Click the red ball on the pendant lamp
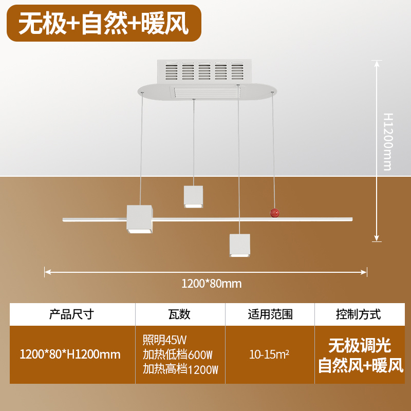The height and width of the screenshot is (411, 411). click(275, 213)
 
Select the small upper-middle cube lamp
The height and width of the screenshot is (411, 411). click(194, 197)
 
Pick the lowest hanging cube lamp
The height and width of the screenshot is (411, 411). click(239, 246)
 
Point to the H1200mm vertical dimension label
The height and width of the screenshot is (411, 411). click(388, 141)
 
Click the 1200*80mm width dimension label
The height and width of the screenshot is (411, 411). click(212, 283)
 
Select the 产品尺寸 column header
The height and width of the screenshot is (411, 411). click(71, 314)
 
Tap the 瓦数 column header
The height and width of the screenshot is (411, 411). click(179, 314)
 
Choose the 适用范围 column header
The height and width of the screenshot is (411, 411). click(270, 314)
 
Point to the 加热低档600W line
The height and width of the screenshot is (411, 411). click(177, 354)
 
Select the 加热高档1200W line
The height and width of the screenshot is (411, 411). click(180, 369)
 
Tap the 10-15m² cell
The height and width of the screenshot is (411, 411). click(269, 354)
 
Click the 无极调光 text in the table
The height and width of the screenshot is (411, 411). click(360, 344)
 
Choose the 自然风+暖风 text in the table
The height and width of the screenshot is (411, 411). click(360, 365)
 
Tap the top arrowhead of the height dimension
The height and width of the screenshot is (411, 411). click(378, 63)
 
